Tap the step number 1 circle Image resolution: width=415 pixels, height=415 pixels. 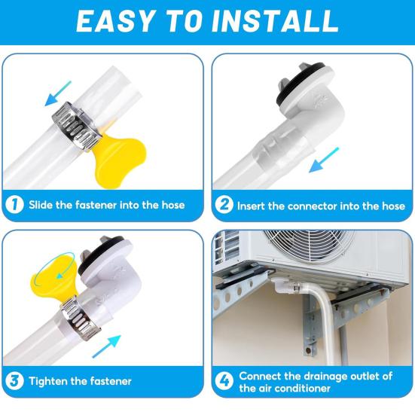pyautogui.click(x=14, y=204)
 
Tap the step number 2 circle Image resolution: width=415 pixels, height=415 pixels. pyautogui.click(x=224, y=204)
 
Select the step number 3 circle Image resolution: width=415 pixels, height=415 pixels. pyautogui.click(x=14, y=380)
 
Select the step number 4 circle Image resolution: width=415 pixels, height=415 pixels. pyautogui.click(x=224, y=380)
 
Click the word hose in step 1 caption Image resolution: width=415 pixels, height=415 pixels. pyautogui.click(x=169, y=204)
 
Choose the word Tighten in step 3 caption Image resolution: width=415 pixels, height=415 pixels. pyautogui.click(x=50, y=381)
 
